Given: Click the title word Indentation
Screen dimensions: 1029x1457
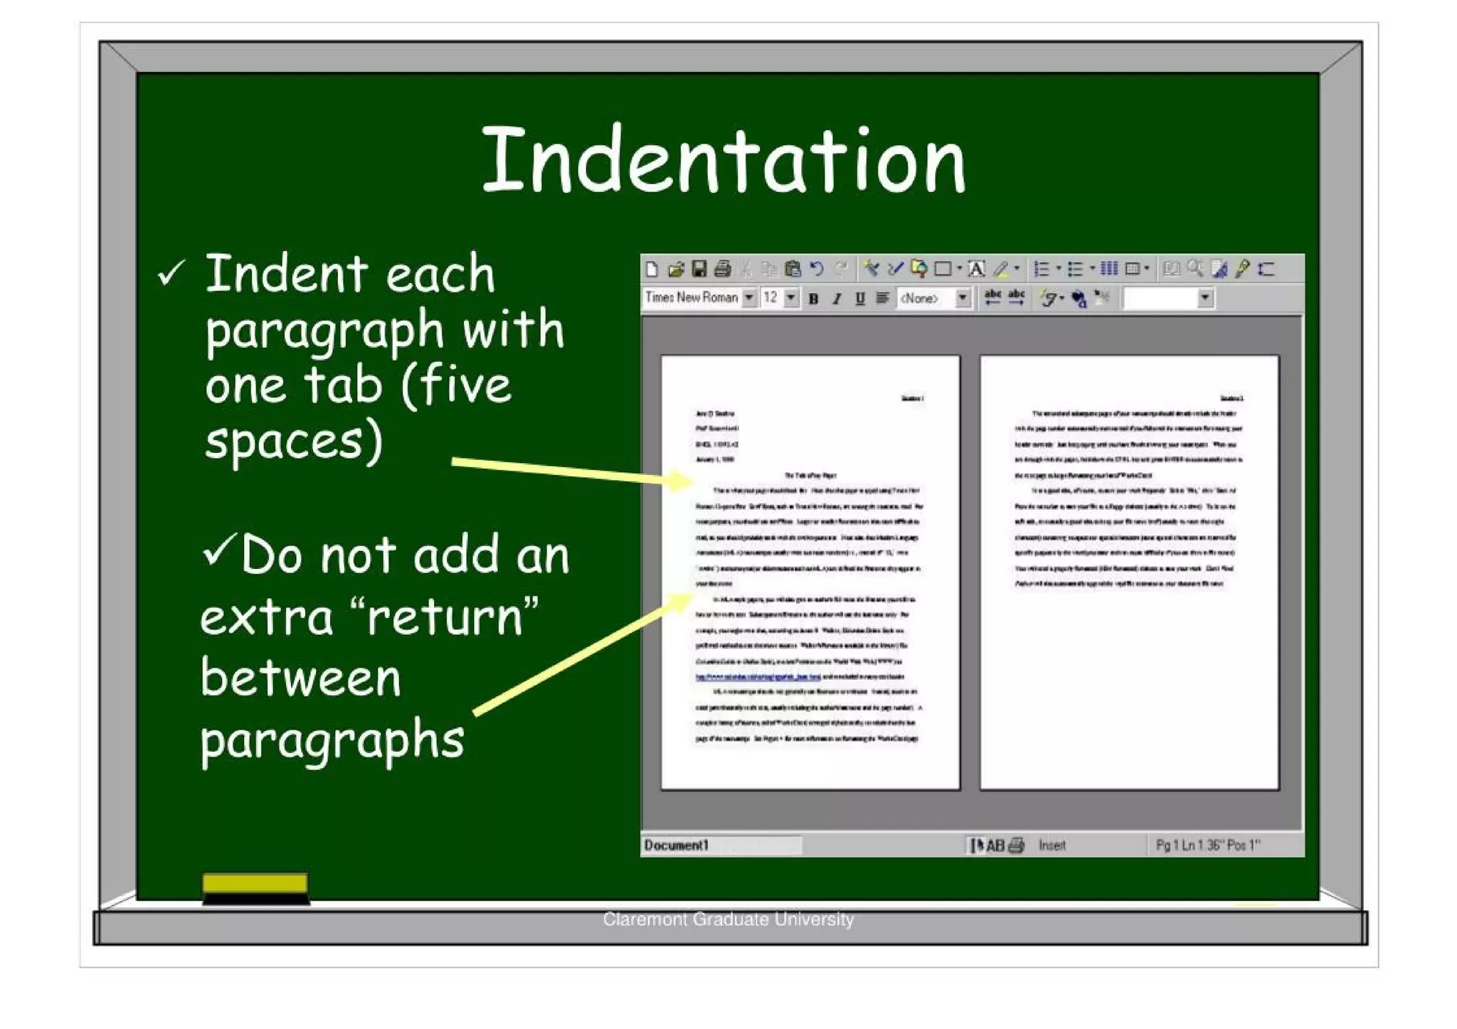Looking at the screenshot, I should [724, 160].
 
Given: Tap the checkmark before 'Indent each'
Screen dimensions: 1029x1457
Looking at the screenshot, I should [171, 272].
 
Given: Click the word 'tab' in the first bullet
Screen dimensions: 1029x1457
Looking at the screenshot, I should [343, 385].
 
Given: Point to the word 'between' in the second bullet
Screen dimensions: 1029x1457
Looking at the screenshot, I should [301, 678].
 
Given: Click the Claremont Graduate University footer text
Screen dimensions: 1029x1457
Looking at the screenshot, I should [728, 919].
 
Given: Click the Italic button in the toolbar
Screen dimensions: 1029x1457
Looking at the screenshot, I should [837, 299].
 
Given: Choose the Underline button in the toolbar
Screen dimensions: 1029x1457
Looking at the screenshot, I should [859, 299].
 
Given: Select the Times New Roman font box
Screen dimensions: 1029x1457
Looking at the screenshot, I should [692, 298].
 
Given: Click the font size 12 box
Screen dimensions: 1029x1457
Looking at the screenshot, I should [771, 298].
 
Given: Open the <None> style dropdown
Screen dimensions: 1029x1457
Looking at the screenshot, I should [963, 298].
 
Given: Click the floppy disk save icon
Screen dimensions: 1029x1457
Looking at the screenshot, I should [699, 269].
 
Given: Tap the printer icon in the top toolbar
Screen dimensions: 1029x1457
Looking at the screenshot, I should [722, 269].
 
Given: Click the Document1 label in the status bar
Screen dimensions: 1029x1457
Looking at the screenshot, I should [677, 846].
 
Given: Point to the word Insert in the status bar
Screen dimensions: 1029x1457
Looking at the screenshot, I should [1051, 846].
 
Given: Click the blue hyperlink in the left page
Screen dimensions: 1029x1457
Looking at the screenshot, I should [758, 677].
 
